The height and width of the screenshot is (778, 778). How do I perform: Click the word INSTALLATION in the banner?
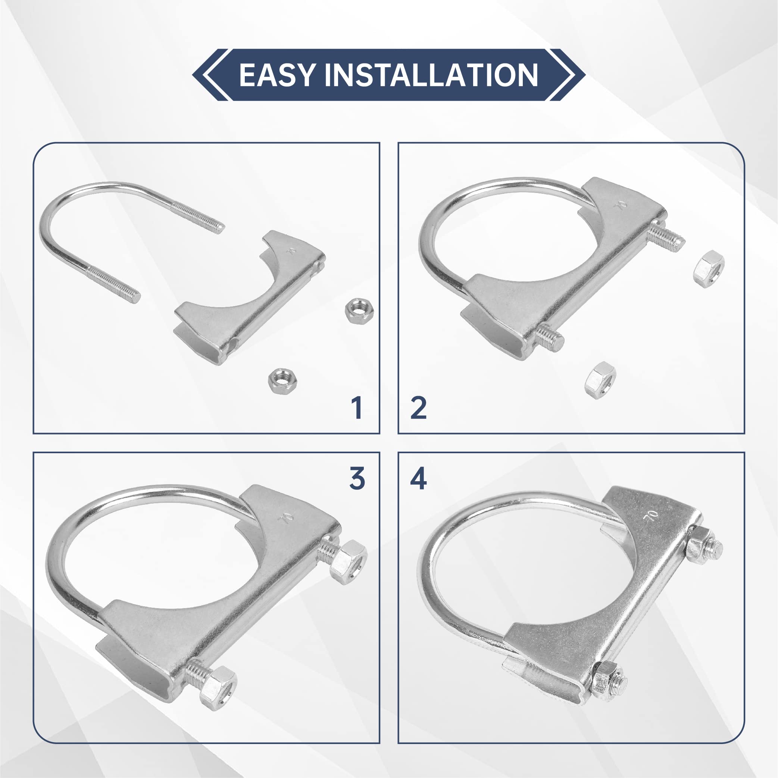point(431,75)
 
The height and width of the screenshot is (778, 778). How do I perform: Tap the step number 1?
point(356,408)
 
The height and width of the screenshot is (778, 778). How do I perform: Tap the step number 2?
point(418,408)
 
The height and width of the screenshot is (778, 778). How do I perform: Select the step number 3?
point(357,478)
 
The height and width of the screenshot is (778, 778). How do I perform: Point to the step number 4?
point(418,479)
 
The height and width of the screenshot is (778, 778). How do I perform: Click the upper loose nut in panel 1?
point(360,309)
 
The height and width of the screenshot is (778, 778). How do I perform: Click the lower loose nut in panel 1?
point(283,380)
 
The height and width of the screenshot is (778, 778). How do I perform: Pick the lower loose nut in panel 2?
point(600,380)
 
